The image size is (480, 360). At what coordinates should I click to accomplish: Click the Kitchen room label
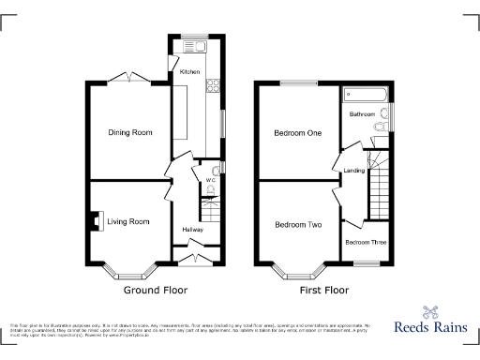click(189, 71)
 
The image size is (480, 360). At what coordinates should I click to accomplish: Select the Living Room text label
click(127, 222)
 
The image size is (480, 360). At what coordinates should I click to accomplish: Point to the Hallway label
click(192, 229)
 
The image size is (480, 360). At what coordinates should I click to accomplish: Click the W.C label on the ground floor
click(198, 180)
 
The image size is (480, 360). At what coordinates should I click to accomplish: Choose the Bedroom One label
click(298, 133)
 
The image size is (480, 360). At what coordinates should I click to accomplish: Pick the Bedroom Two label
click(298, 225)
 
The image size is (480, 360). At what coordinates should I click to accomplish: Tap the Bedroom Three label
click(367, 243)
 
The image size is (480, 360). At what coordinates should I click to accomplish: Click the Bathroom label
click(363, 114)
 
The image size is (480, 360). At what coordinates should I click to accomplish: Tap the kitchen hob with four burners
click(212, 86)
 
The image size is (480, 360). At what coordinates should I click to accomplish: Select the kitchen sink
click(198, 46)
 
